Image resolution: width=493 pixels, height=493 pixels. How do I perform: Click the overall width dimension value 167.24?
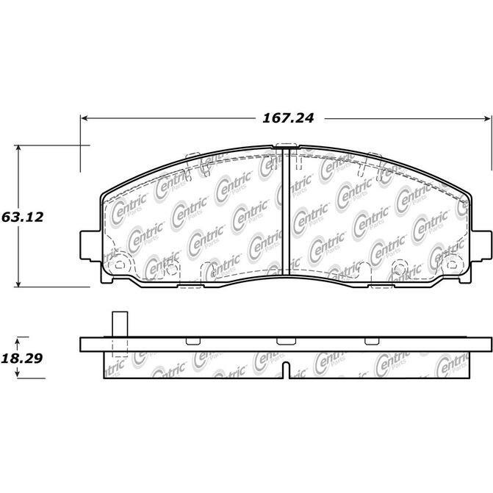288,118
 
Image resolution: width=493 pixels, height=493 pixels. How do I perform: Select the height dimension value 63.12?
22,217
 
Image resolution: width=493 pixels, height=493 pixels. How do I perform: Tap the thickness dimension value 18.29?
22,358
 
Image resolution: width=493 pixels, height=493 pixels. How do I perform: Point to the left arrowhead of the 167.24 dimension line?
84,118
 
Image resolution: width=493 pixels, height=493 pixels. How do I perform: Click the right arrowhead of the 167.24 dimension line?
487,118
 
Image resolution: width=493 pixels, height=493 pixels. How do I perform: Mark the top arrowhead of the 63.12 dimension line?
18,148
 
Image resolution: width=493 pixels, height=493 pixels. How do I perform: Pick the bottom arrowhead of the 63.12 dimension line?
18,284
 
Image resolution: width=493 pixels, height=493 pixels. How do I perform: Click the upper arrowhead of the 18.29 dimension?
18,340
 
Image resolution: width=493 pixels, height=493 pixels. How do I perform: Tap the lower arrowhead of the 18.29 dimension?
18,374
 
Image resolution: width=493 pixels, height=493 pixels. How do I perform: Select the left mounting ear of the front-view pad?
90,245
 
